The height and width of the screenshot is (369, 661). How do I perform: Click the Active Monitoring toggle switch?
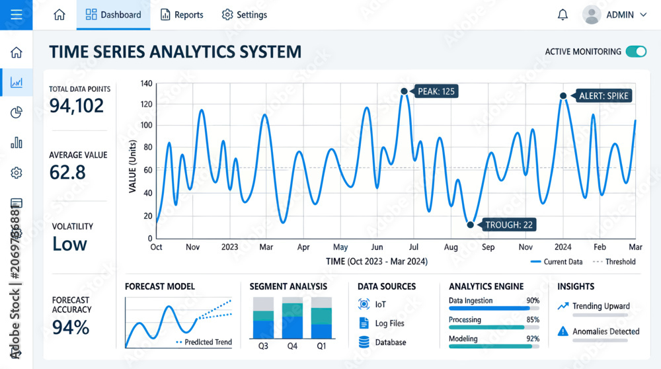click(x=636, y=52)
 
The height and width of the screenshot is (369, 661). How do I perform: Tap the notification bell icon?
click(x=563, y=15)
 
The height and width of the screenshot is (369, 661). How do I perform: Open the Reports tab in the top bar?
click(x=182, y=15)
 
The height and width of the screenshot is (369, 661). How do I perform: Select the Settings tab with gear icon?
click(x=244, y=15)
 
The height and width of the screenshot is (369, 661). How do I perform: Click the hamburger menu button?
click(x=16, y=15)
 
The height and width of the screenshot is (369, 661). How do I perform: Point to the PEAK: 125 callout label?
click(x=436, y=91)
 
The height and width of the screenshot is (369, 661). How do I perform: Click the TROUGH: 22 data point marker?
click(x=470, y=225)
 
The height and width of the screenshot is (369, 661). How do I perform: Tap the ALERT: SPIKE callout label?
click(x=603, y=96)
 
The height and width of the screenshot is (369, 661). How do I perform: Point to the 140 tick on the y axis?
click(x=146, y=83)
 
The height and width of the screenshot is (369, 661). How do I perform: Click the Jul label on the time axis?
click(x=414, y=247)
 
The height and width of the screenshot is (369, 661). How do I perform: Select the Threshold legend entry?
click(x=614, y=262)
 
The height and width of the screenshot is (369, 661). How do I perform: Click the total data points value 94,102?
click(x=76, y=105)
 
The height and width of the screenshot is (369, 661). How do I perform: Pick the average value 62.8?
click(x=67, y=172)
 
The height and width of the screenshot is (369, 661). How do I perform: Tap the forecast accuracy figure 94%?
click(x=71, y=327)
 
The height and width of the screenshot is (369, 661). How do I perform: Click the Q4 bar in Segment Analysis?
click(x=292, y=318)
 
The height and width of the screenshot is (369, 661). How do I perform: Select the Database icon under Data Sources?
click(x=364, y=342)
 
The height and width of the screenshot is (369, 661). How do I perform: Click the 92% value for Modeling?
click(x=533, y=339)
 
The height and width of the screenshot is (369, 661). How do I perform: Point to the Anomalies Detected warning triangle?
click(x=563, y=331)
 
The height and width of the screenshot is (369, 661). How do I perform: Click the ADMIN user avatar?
click(x=592, y=15)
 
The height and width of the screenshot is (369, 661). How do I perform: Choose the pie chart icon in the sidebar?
click(x=16, y=112)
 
